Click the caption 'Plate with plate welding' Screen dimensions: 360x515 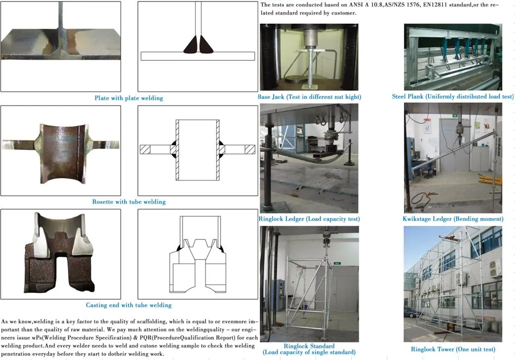129,98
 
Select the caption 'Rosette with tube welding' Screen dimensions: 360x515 129,202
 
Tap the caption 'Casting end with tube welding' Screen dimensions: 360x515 129,305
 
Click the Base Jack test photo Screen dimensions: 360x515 309,57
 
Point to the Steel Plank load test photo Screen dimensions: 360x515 453,57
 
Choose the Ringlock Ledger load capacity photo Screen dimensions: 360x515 309,158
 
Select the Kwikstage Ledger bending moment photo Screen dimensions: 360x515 453,158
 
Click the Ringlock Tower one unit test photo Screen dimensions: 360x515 453,284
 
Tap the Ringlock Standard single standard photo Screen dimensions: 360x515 309,284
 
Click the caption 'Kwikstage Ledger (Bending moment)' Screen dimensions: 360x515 453,219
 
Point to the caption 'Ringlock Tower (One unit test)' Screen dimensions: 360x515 453,349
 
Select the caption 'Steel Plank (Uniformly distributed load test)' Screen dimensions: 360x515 453,96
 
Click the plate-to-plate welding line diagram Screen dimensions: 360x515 197,46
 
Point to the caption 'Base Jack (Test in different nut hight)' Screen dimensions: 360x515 309,97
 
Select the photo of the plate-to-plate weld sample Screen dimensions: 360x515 61,46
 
